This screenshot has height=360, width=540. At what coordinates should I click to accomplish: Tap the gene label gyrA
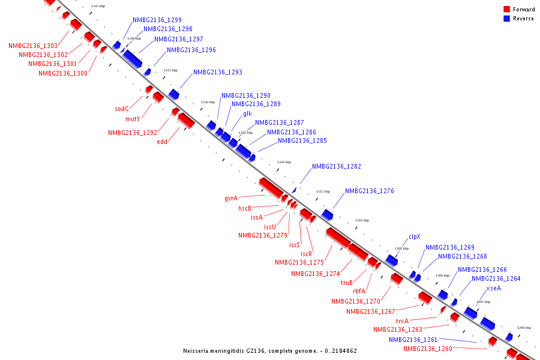(x=231, y=198)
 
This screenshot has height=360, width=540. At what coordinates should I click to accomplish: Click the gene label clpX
(x=415, y=237)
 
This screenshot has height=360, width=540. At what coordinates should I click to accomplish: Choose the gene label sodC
(x=122, y=109)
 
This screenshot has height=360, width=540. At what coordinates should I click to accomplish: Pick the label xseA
(x=494, y=288)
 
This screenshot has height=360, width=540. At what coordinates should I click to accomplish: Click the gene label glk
(x=247, y=113)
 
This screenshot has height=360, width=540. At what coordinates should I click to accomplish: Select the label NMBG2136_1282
(x=336, y=166)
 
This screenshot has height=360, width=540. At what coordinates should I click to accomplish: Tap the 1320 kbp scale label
(x=284, y=162)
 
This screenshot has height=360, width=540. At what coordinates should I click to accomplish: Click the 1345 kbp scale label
(x=98, y=7)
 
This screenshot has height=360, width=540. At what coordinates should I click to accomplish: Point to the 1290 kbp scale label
(x=524, y=328)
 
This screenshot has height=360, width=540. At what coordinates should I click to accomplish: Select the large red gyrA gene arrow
(x=271, y=187)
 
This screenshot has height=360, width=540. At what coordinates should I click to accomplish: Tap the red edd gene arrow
(x=185, y=121)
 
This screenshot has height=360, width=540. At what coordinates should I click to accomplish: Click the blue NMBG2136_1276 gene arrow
(x=328, y=214)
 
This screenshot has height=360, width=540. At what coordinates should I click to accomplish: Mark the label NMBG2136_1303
(x=33, y=46)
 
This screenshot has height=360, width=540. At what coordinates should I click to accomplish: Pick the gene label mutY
(x=133, y=119)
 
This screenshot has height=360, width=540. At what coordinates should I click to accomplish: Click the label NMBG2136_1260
(x=428, y=349)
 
